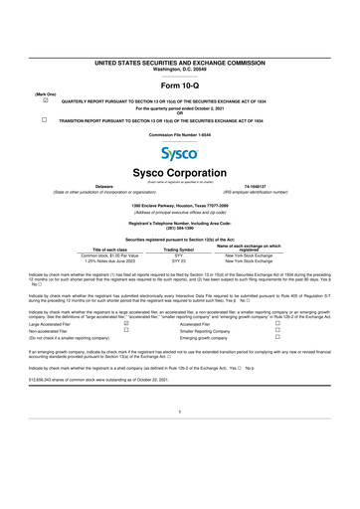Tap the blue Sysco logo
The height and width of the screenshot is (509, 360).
tap(180, 156)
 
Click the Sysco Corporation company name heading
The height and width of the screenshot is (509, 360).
tap(180, 172)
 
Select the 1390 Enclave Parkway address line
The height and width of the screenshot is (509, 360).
tap(180, 204)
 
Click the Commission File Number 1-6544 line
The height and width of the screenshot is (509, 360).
tap(180, 133)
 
